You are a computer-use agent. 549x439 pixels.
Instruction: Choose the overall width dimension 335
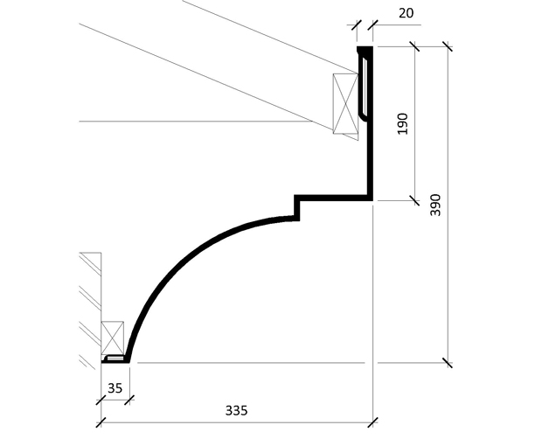coord(234,409)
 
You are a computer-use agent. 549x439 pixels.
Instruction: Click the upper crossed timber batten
coord(345,104)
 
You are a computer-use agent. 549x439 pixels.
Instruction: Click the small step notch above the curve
coord(298,206)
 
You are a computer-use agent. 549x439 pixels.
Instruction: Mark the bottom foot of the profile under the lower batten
coord(115,359)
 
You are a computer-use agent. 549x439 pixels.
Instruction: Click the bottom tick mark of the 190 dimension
coord(413,199)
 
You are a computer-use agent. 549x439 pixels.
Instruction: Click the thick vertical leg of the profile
coord(371,149)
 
